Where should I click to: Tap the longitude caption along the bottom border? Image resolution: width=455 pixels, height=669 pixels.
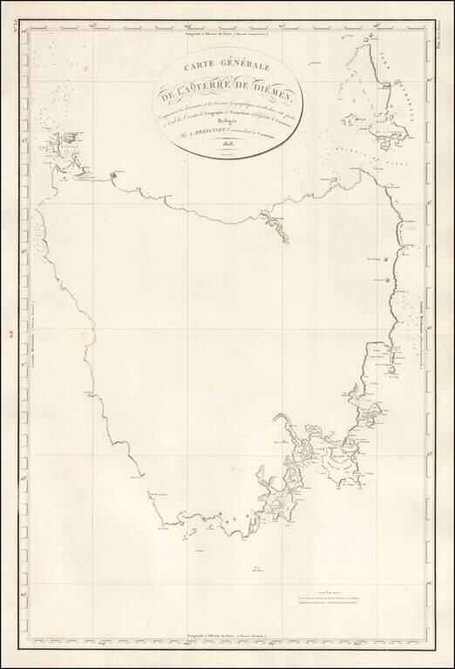click(227, 642)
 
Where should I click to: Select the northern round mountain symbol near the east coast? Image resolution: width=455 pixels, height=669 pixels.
click(383, 259)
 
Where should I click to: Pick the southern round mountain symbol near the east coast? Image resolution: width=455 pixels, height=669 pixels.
click(384, 280)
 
